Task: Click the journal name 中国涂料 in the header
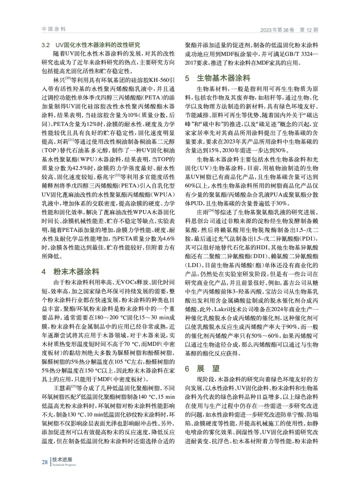click(54, 29)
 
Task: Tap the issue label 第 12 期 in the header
click(309, 30)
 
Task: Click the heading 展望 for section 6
click(208, 369)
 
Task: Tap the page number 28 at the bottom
click(45, 462)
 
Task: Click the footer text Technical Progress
click(64, 465)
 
